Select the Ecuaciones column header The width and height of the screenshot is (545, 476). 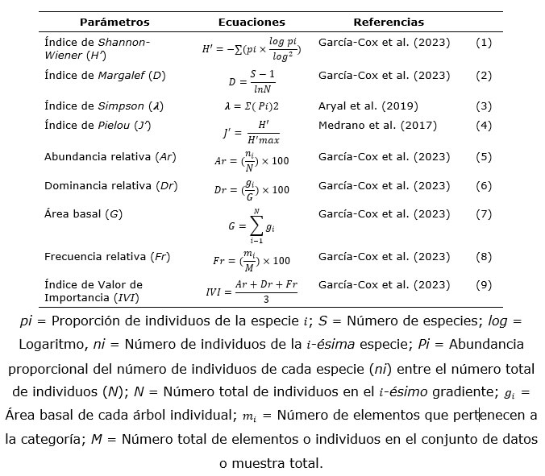pos(251,23)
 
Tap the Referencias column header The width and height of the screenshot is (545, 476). pos(388,23)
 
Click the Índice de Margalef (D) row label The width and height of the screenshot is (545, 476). pos(105,76)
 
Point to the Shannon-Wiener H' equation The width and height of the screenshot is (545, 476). pos(251,48)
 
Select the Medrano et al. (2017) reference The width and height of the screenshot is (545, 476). pos(377,125)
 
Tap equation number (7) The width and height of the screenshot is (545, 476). pos(484,214)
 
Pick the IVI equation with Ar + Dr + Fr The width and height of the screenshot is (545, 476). pos(252,292)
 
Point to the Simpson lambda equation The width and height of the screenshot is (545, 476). pos(251,106)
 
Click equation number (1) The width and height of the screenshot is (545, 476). pos(484,42)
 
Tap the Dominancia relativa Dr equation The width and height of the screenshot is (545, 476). pos(251,190)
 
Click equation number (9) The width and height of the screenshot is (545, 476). pos(484,284)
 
